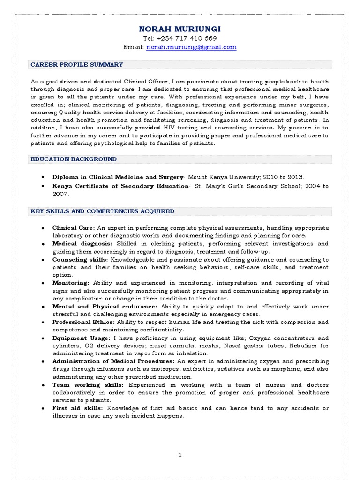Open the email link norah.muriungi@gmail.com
click(x=191, y=47)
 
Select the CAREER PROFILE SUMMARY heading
click(x=77, y=65)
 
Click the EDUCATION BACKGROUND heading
click(x=74, y=159)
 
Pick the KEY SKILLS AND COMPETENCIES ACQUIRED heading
click(x=102, y=211)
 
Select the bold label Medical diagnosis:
click(x=82, y=244)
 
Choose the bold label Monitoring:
click(x=71, y=283)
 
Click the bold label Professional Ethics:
click(x=83, y=322)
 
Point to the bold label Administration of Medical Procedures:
click(x=113, y=361)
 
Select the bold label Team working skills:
click(x=88, y=385)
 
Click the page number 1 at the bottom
click(x=180, y=455)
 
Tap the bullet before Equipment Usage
click(x=43, y=338)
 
